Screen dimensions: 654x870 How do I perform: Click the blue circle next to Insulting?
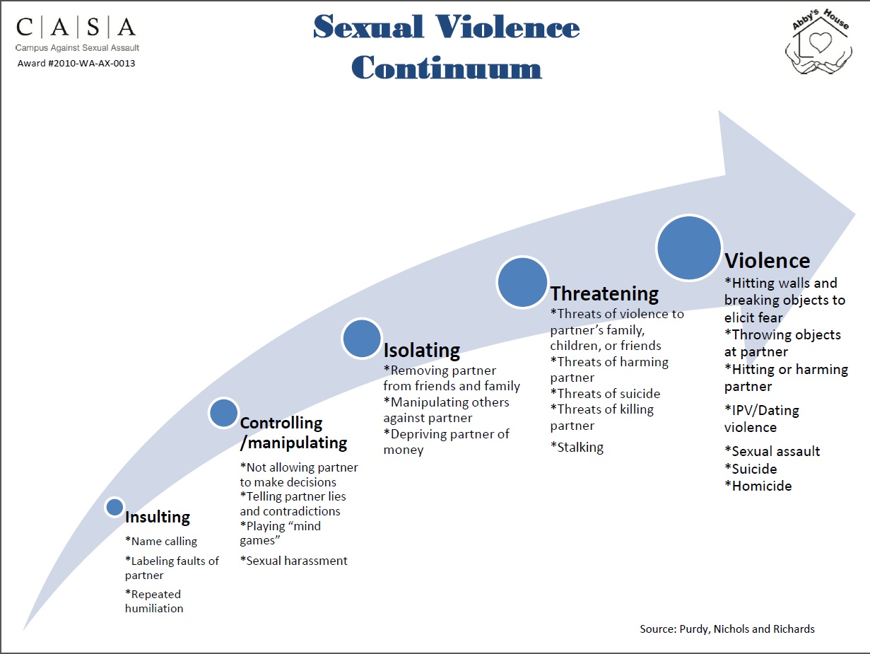click(114, 506)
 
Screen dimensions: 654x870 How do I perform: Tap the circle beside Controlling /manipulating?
click(224, 413)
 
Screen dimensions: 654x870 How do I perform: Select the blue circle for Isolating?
click(362, 338)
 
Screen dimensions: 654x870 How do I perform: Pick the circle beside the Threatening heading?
click(522, 281)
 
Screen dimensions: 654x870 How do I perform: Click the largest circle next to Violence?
click(688, 247)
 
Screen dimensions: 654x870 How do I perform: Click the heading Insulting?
click(158, 518)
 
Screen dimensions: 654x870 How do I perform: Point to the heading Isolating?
click(421, 350)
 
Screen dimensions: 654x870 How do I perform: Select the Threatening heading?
click(604, 293)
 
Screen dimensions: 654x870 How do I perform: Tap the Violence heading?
click(767, 261)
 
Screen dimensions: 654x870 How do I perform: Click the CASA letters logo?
click(76, 28)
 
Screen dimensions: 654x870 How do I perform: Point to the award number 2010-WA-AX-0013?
click(76, 64)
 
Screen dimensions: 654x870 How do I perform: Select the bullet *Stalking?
click(577, 447)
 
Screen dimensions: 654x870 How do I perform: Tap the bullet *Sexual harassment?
click(294, 561)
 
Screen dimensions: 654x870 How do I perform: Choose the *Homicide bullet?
click(758, 486)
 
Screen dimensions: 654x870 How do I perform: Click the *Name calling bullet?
click(161, 542)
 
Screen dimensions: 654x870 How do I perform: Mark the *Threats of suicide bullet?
click(606, 394)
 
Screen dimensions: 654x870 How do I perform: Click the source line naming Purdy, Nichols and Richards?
click(727, 629)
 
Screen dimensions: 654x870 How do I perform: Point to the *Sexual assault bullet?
click(772, 451)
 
